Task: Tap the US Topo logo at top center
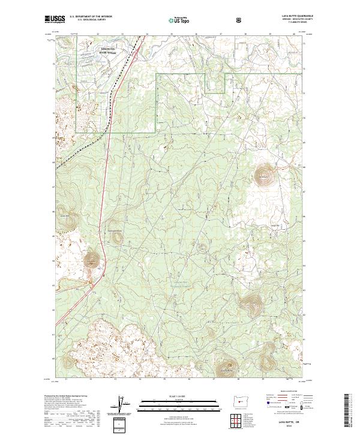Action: pos(179,19)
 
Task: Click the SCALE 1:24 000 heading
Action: pos(179,395)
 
